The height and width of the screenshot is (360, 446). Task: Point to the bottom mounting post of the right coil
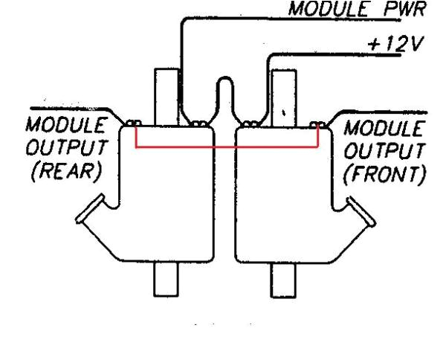pyautogui.click(x=282, y=278)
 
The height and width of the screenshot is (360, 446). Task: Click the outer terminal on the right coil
pyautogui.click(x=318, y=124)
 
